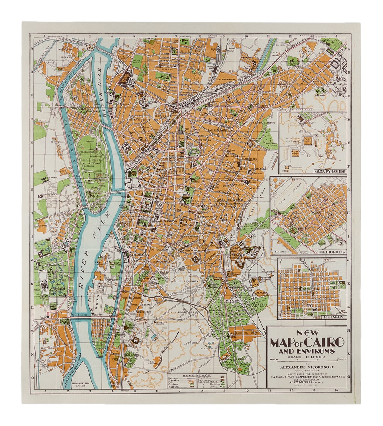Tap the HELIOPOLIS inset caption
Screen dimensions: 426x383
(x=331, y=252)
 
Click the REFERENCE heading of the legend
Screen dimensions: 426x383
(x=197, y=375)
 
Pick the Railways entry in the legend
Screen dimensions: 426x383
(x=176, y=378)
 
